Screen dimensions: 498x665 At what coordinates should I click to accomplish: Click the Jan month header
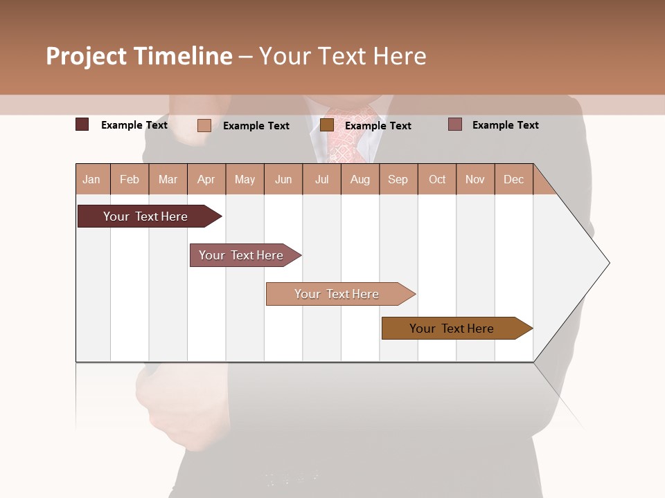[x=92, y=179]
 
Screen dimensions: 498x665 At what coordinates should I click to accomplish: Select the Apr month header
[x=206, y=179]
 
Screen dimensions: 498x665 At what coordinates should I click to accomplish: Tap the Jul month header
[x=321, y=179]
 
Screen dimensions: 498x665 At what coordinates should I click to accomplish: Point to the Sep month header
[x=398, y=179]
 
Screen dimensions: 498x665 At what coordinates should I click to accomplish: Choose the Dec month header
[x=513, y=179]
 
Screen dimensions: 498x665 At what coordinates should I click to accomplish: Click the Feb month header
[x=130, y=179]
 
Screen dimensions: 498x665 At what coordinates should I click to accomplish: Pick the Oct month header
[x=437, y=179]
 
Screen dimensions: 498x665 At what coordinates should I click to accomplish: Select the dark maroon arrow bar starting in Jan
[x=145, y=216]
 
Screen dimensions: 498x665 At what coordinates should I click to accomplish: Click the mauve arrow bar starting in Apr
[x=242, y=255]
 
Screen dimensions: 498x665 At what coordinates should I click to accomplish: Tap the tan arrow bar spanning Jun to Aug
[x=337, y=294]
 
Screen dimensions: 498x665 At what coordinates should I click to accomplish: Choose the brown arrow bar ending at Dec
[x=452, y=329]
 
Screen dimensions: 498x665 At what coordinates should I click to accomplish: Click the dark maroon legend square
[x=82, y=124]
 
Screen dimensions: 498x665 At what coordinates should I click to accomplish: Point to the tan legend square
[x=204, y=125]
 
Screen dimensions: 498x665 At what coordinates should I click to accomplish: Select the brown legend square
[x=327, y=124]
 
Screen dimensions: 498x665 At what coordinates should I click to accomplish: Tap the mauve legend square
[x=455, y=124]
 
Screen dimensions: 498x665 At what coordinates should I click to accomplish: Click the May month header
[x=245, y=179]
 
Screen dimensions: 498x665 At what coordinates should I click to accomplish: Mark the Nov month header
[x=475, y=179]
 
